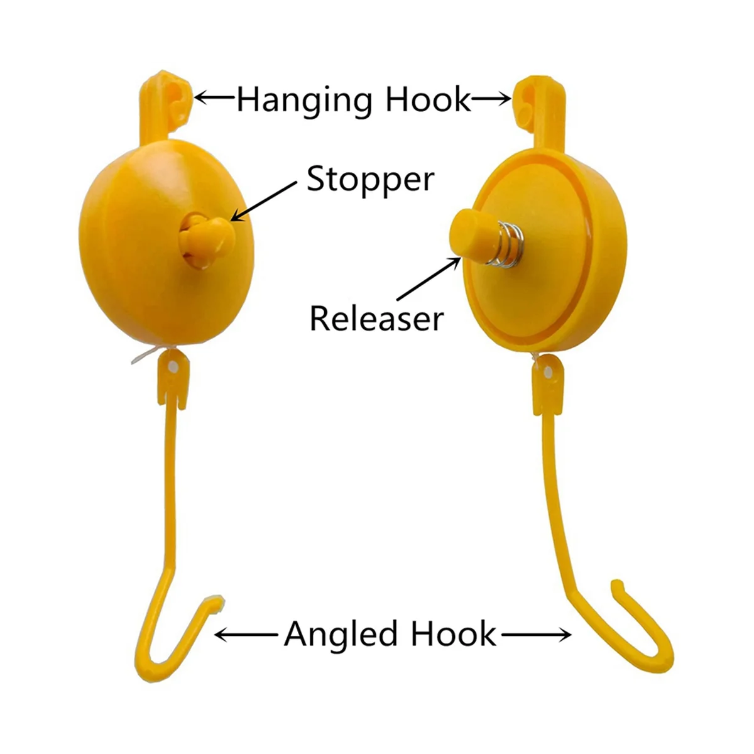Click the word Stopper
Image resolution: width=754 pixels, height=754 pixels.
370,180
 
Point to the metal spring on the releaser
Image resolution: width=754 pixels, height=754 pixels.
498,243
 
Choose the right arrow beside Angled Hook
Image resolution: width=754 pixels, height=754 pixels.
534,635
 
